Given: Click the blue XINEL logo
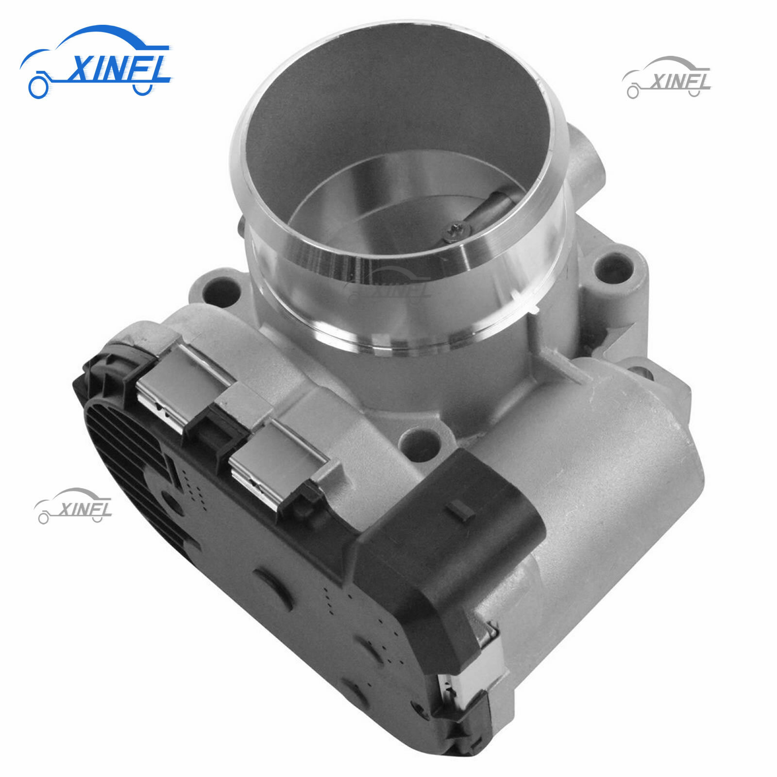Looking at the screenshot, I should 97,63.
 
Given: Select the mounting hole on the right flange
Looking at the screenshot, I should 613,267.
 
